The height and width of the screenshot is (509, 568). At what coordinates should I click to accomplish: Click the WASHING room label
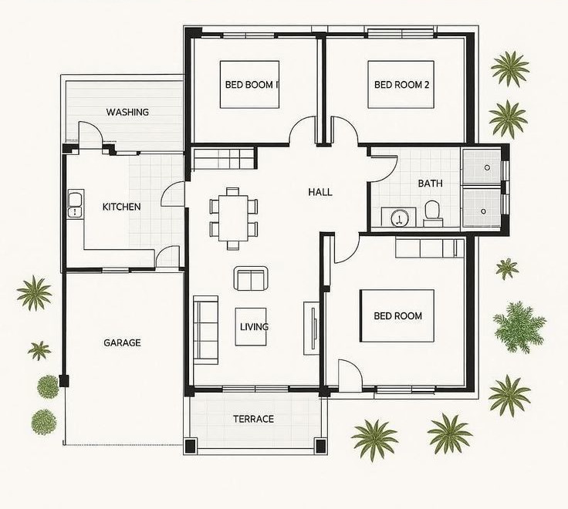tap(127, 112)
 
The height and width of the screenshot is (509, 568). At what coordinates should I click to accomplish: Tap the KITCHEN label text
tap(122, 207)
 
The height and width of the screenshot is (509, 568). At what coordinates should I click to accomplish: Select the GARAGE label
tap(122, 342)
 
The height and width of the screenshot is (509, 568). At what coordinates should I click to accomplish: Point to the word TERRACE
tap(254, 419)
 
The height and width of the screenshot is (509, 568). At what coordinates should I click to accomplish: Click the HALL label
tap(320, 192)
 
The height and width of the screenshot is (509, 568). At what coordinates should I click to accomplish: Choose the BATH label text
tap(431, 184)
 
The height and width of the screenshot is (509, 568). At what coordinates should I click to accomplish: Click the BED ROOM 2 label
tap(402, 85)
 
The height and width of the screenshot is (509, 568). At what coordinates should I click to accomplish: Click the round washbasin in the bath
tap(400, 219)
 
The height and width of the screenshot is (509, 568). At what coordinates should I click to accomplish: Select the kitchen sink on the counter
tap(76, 204)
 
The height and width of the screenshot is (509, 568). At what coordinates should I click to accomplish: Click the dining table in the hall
tap(233, 218)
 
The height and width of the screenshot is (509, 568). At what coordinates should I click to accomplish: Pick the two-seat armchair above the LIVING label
tap(251, 278)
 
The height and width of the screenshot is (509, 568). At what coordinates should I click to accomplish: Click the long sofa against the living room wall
tap(206, 330)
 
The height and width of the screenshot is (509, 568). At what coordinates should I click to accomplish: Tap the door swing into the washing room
tap(90, 135)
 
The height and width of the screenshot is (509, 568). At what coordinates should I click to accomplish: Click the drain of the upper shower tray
tap(487, 167)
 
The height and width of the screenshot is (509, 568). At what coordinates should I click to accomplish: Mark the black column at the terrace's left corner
tap(191, 445)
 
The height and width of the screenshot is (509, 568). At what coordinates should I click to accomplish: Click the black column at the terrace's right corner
tap(321, 445)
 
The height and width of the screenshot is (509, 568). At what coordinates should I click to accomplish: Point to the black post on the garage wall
tap(64, 380)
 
